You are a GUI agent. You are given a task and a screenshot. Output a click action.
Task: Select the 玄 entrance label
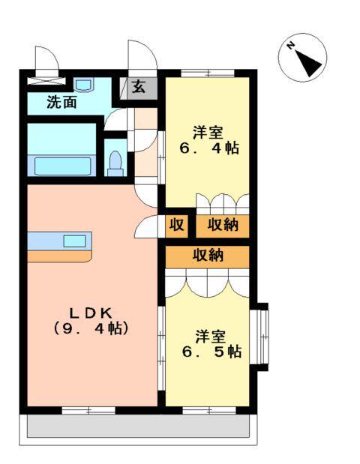pyautogui.click(x=139, y=86)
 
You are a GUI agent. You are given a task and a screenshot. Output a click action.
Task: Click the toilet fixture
pyautogui.click(x=115, y=163)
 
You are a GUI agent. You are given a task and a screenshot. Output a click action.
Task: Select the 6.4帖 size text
pyautogui.click(x=208, y=148)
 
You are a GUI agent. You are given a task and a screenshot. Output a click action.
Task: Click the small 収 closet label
pyautogui.click(x=177, y=225)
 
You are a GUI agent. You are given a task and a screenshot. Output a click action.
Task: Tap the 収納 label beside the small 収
pyautogui.click(x=223, y=225)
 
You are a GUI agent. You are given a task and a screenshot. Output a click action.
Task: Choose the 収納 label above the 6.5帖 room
pyautogui.click(x=208, y=256)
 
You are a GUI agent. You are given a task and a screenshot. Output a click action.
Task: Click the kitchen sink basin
pyautogui.click(x=74, y=241)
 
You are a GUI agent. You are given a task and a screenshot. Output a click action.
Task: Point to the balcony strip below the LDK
pyautogui.click(x=138, y=427)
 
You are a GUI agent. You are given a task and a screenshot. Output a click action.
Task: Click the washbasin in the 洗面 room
pyautogui.click(x=83, y=84)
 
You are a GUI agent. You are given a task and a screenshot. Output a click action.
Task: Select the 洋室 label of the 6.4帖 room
pyautogui.click(x=208, y=131)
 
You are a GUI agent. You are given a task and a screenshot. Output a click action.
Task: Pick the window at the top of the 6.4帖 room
pyautogui.click(x=207, y=73)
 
